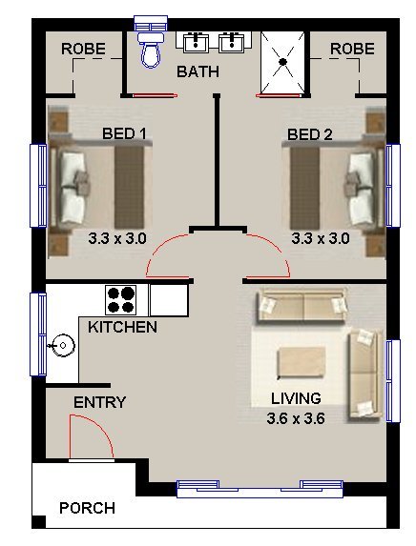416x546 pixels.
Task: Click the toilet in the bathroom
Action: tap(151, 51)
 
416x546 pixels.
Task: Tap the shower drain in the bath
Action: tap(282, 62)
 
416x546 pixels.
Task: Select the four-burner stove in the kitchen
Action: tap(121, 300)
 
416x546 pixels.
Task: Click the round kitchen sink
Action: tap(63, 346)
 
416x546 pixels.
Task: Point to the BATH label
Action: tap(198, 71)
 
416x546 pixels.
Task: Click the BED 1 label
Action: tap(124, 133)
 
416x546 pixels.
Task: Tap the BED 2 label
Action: tap(310, 134)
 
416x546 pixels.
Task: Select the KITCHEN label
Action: tap(122, 327)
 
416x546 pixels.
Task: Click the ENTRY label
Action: tap(100, 402)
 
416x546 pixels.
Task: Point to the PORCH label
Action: tap(87, 508)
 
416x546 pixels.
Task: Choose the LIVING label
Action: tap(296, 398)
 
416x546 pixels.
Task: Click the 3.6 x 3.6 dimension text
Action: tap(296, 418)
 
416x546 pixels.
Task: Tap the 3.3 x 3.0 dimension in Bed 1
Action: tap(117, 238)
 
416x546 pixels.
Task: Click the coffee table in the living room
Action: tap(302, 362)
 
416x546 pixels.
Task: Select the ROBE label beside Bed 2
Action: tap(352, 50)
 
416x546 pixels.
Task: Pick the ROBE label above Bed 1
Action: tap(83, 49)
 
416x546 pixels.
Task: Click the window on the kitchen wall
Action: tap(38, 334)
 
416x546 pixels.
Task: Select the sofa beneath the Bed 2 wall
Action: tap(302, 305)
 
